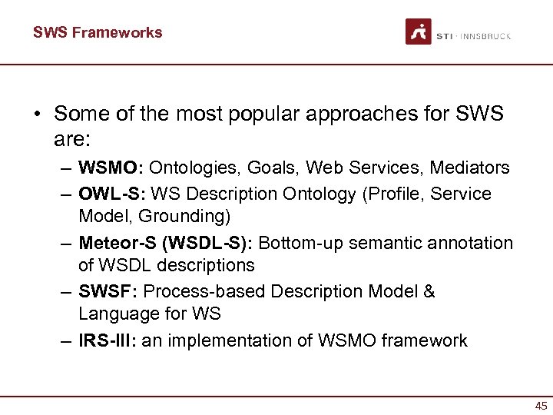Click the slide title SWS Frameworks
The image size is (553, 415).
[98, 32]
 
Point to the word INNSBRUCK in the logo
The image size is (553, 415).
[486, 36]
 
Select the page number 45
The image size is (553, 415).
[541, 407]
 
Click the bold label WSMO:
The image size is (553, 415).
[111, 168]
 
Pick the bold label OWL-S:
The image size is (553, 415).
[111, 194]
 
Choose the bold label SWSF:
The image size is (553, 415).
[108, 292]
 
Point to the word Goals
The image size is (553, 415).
[267, 168]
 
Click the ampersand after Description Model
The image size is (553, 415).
[429, 292]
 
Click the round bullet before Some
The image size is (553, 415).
[36, 115]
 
